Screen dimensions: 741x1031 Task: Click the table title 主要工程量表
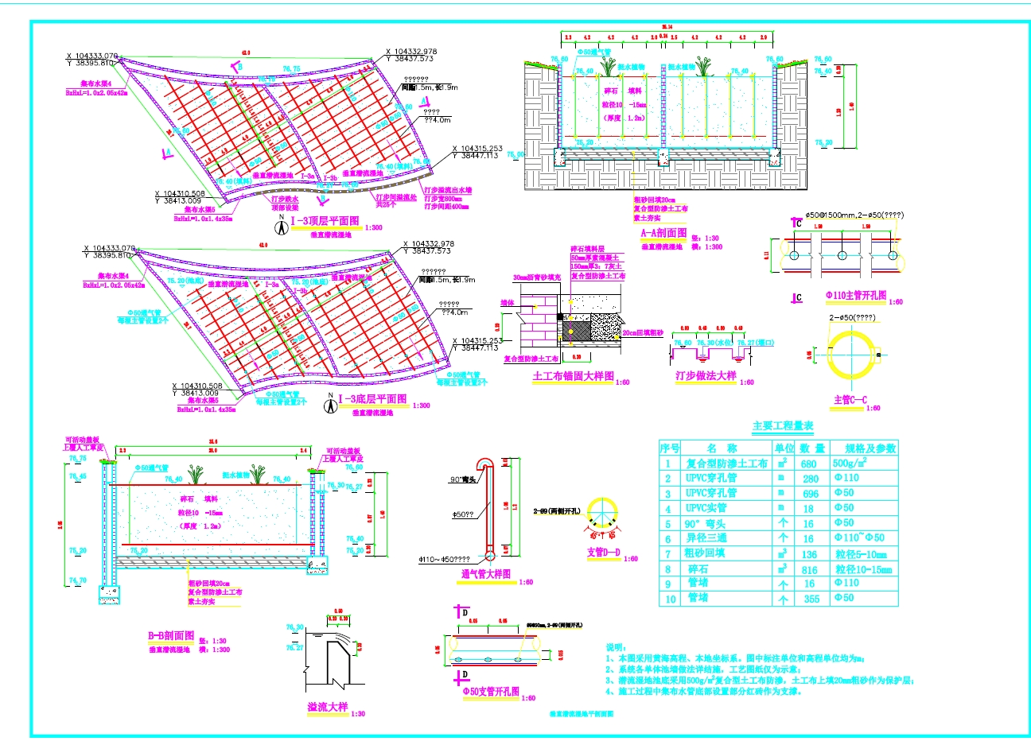pos(783,426)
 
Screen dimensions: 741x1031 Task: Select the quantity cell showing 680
pos(809,464)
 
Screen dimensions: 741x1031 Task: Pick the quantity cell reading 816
pos(809,569)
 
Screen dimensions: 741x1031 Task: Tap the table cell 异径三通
pos(706,538)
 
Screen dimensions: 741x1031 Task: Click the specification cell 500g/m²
pos(850,463)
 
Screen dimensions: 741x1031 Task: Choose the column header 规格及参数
pos(870,448)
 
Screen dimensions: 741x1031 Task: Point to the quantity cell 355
pos(811,599)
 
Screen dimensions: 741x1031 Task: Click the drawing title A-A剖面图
pos(663,233)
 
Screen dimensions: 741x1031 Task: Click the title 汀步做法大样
pos(706,375)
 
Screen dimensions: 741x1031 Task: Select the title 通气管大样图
pos(486,574)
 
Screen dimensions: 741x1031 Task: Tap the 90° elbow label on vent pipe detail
pos(462,479)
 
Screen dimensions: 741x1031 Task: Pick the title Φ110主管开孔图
pos(855,296)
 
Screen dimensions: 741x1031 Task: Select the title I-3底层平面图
pos(372,399)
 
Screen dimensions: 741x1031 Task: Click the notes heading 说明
pos(616,648)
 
